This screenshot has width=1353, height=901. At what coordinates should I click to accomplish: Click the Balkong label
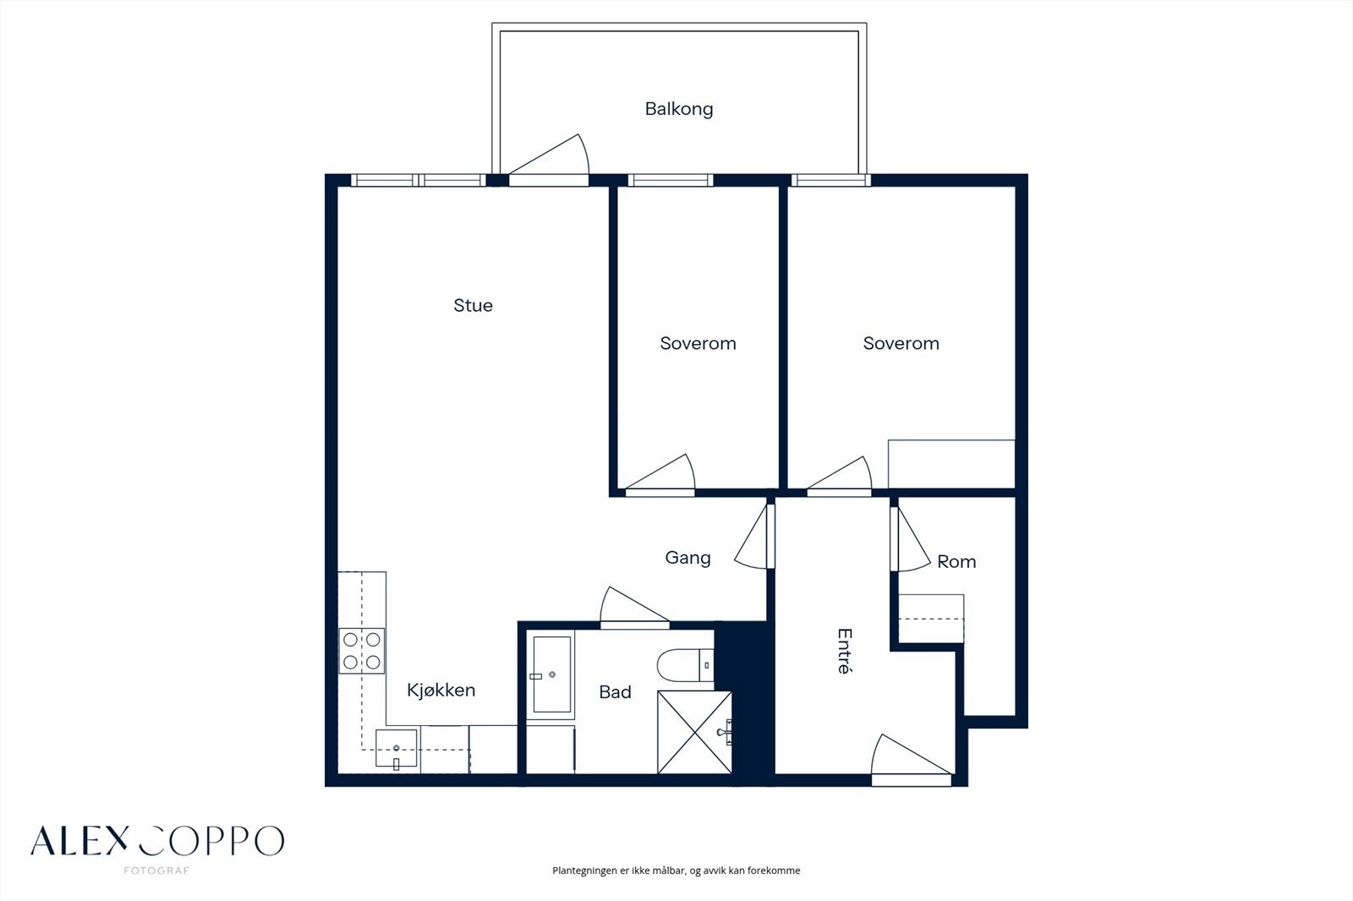[x=679, y=109]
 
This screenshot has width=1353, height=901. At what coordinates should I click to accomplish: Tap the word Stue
[x=473, y=306]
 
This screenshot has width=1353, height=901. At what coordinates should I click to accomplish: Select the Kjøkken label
[x=441, y=691]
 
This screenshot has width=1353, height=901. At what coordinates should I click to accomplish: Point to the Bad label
[x=615, y=692]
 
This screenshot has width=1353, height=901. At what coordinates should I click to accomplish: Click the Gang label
[x=687, y=558]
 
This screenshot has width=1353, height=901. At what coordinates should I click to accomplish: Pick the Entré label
[x=845, y=651]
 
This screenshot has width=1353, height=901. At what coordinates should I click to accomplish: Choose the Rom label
[x=956, y=562]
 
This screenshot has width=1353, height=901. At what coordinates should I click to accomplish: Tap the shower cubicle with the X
[x=694, y=732]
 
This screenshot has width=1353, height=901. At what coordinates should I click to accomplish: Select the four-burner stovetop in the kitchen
[x=362, y=651]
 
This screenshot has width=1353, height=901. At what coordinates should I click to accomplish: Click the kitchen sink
[x=397, y=749]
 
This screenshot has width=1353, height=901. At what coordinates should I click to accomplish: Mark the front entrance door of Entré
[x=911, y=760]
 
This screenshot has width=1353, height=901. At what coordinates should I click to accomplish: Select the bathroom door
[x=634, y=607]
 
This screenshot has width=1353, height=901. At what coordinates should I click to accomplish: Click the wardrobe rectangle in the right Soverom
[x=951, y=464]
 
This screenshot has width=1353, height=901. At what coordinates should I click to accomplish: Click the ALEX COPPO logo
[x=157, y=843]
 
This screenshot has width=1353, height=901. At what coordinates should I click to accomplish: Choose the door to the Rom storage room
[x=910, y=538]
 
